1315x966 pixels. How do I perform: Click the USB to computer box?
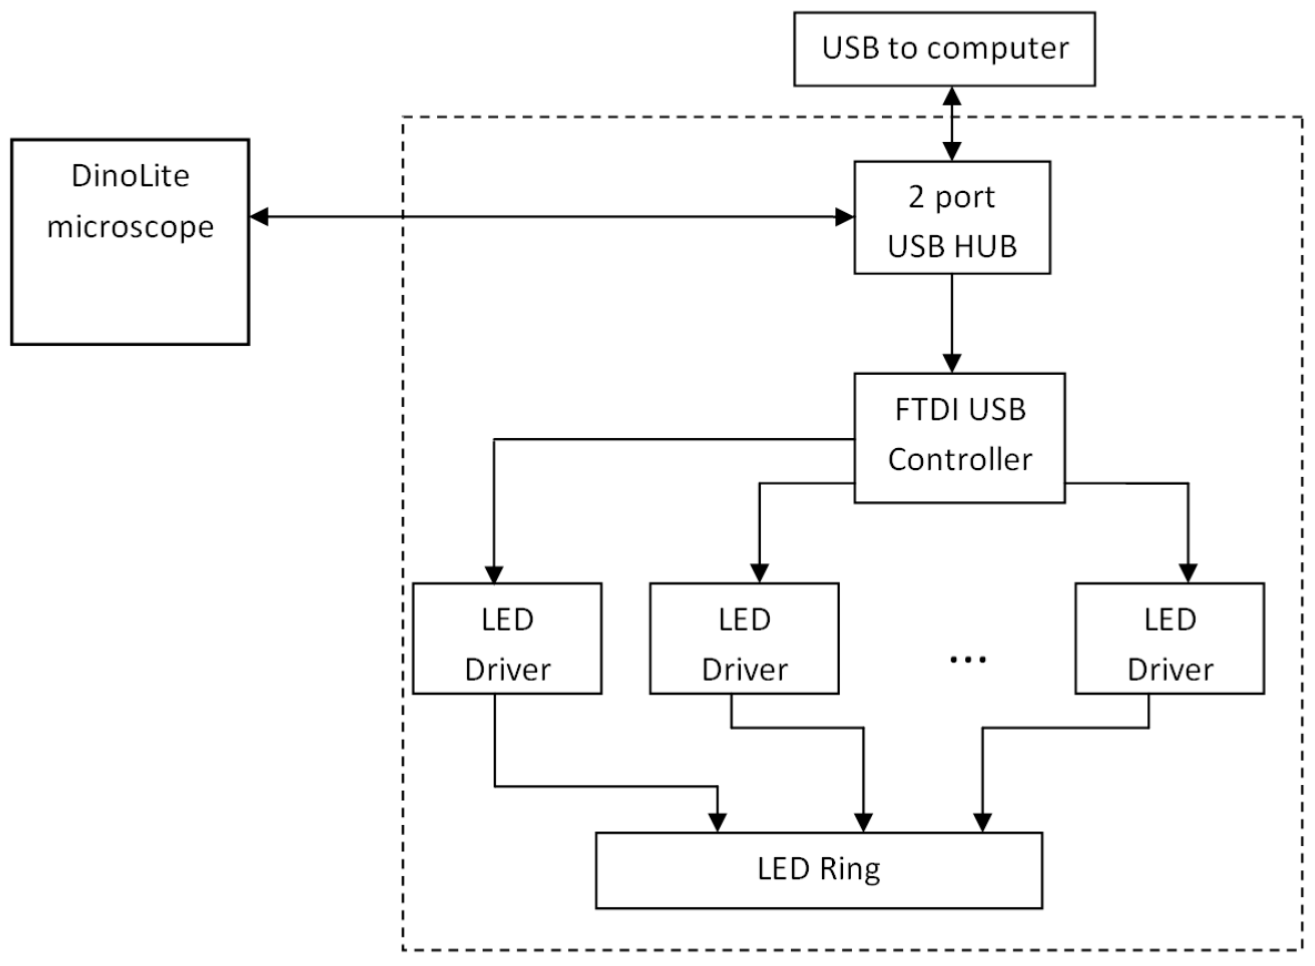click(x=944, y=49)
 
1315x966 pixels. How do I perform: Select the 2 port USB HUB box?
click(x=951, y=217)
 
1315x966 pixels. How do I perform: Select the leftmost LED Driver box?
click(x=507, y=638)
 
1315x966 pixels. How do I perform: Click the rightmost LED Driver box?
click(x=1169, y=638)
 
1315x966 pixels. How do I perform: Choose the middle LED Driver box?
click(x=744, y=638)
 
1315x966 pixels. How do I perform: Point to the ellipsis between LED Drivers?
click(x=967, y=660)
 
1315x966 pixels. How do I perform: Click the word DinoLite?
click(x=130, y=175)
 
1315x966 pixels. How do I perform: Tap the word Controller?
click(x=959, y=460)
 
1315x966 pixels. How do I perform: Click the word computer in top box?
click(x=998, y=48)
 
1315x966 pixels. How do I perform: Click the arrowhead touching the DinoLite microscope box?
click(x=259, y=216)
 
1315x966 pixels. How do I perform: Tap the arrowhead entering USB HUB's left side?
click(x=844, y=216)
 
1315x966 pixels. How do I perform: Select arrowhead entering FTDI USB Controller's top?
click(x=952, y=363)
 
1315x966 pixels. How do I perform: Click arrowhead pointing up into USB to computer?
click(x=952, y=97)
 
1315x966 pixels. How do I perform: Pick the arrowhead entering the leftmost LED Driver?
click(x=495, y=574)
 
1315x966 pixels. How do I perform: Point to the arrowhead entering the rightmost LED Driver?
click(x=1187, y=573)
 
